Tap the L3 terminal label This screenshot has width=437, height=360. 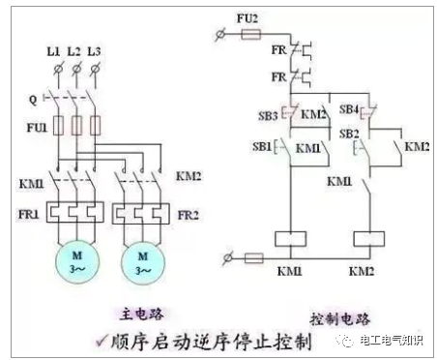pyautogui.click(x=95, y=48)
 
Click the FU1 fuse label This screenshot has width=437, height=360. pyautogui.click(x=35, y=125)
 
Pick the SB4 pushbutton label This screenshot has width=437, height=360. pyautogui.click(x=349, y=109)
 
